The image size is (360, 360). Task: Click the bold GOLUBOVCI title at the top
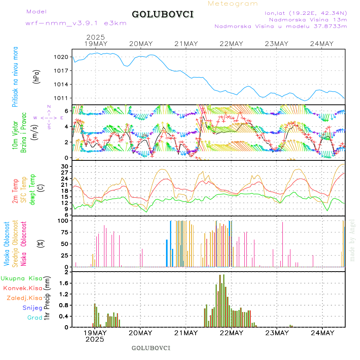(x=163, y=14)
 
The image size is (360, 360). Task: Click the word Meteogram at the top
(x=233, y=4)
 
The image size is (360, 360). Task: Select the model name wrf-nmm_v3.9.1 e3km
(x=76, y=23)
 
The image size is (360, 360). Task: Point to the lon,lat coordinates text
(x=303, y=12)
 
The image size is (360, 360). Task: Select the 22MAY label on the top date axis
(x=232, y=44)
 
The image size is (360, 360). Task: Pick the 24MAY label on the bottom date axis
(x=322, y=333)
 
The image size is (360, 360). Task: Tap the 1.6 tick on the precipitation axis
(x=65, y=283)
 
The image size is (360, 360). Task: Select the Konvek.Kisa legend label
(x=22, y=288)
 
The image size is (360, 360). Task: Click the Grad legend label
(x=34, y=318)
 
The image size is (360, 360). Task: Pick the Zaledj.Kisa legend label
(x=24, y=298)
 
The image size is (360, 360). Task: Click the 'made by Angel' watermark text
(x=352, y=240)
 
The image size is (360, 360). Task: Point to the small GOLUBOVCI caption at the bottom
(x=151, y=348)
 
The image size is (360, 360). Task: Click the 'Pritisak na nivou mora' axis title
(x=15, y=77)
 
